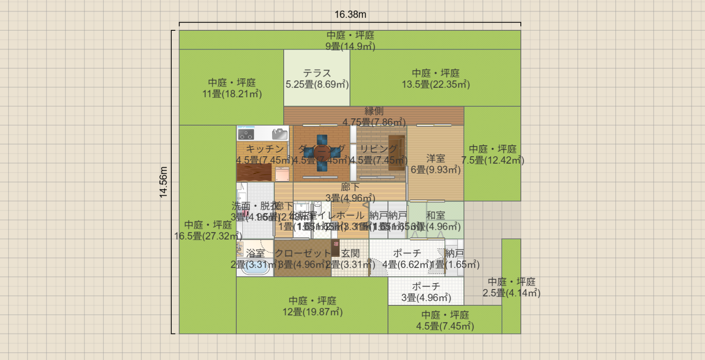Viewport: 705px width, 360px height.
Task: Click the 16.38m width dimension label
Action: pos(350,15)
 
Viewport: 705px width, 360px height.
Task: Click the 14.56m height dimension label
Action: pos(164,182)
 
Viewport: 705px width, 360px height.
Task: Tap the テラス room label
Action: pos(317,73)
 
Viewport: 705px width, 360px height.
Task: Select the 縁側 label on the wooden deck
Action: pos(374,111)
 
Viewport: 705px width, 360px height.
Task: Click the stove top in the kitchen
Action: pos(246,135)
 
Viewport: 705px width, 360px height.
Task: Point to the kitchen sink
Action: pos(280,134)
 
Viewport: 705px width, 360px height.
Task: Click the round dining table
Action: pos(322,152)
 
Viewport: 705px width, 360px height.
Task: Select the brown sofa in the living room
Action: pos(397,153)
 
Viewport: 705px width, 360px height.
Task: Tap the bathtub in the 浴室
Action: pos(255,267)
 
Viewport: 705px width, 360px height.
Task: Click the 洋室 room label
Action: pos(435,158)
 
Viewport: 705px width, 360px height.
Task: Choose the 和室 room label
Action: pos(435,216)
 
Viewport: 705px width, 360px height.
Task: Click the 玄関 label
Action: pos(350,254)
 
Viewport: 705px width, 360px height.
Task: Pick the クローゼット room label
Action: pos(303,254)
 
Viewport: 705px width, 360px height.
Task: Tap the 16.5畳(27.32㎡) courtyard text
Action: pos(208,236)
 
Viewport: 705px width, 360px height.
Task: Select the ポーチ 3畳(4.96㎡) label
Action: pos(426,292)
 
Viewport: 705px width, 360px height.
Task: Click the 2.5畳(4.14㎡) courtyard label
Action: pos(511,293)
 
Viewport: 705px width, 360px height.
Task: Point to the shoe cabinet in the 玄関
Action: pos(335,248)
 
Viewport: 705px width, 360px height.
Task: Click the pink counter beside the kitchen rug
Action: pos(282,174)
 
